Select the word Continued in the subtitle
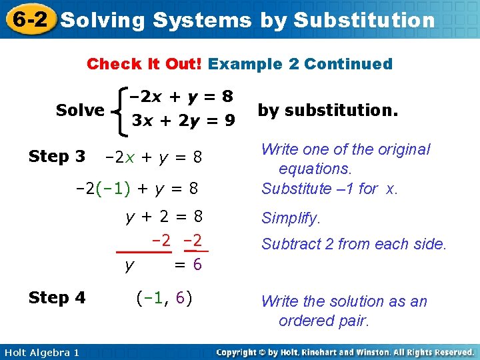348,64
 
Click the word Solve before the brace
80,110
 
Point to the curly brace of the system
117,110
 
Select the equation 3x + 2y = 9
183,121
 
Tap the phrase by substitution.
327,110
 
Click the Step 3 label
57,157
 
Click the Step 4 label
57,297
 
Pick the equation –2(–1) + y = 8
137,189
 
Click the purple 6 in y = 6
197,265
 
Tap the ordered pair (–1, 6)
163,297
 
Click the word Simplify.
291,218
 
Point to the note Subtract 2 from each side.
353,244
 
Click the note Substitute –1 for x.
329,189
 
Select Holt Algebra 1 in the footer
40,352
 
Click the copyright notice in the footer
345,352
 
